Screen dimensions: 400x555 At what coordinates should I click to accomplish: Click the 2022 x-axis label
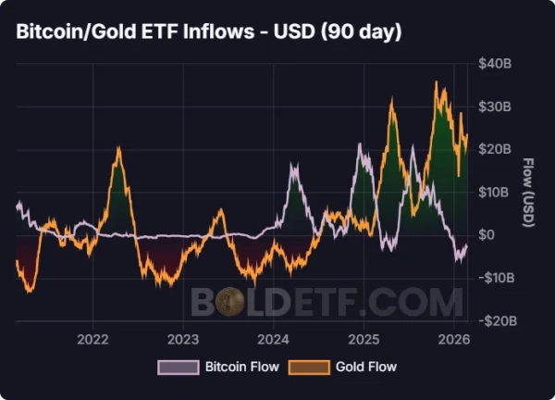93,338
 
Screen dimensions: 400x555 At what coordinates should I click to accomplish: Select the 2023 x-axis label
183,338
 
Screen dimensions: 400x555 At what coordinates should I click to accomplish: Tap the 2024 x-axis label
274,338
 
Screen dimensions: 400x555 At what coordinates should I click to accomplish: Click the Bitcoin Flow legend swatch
178,367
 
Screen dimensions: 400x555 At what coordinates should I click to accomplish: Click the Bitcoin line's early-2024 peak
294,167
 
